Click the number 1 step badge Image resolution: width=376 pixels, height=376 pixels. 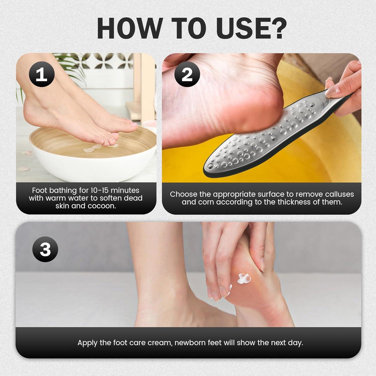pyautogui.click(x=42, y=75)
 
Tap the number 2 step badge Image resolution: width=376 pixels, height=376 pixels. pyautogui.click(x=187, y=74)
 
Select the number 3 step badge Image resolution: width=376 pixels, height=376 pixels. pyautogui.click(x=45, y=249)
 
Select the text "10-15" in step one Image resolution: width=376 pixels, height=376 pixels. pyautogui.click(x=97, y=190)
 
